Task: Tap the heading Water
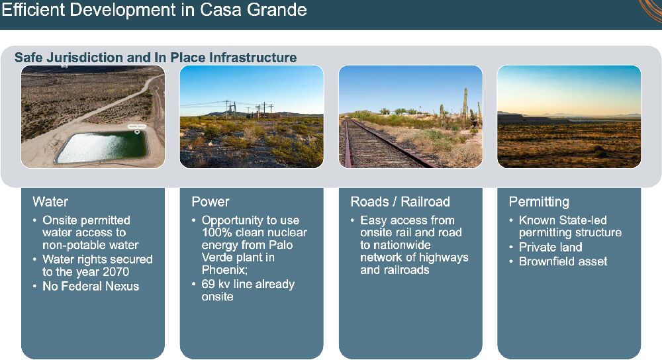point(50,202)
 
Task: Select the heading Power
point(211,202)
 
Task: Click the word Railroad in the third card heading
point(425,202)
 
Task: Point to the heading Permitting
point(539,202)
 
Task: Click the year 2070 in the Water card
point(116,272)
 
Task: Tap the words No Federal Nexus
point(91,286)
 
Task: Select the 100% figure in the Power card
point(215,232)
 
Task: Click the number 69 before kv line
point(208,284)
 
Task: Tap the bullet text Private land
point(551,247)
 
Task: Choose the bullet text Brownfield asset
point(563,261)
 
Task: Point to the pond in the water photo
point(101,147)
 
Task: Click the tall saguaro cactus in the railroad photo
point(465,104)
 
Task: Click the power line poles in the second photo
point(249,110)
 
